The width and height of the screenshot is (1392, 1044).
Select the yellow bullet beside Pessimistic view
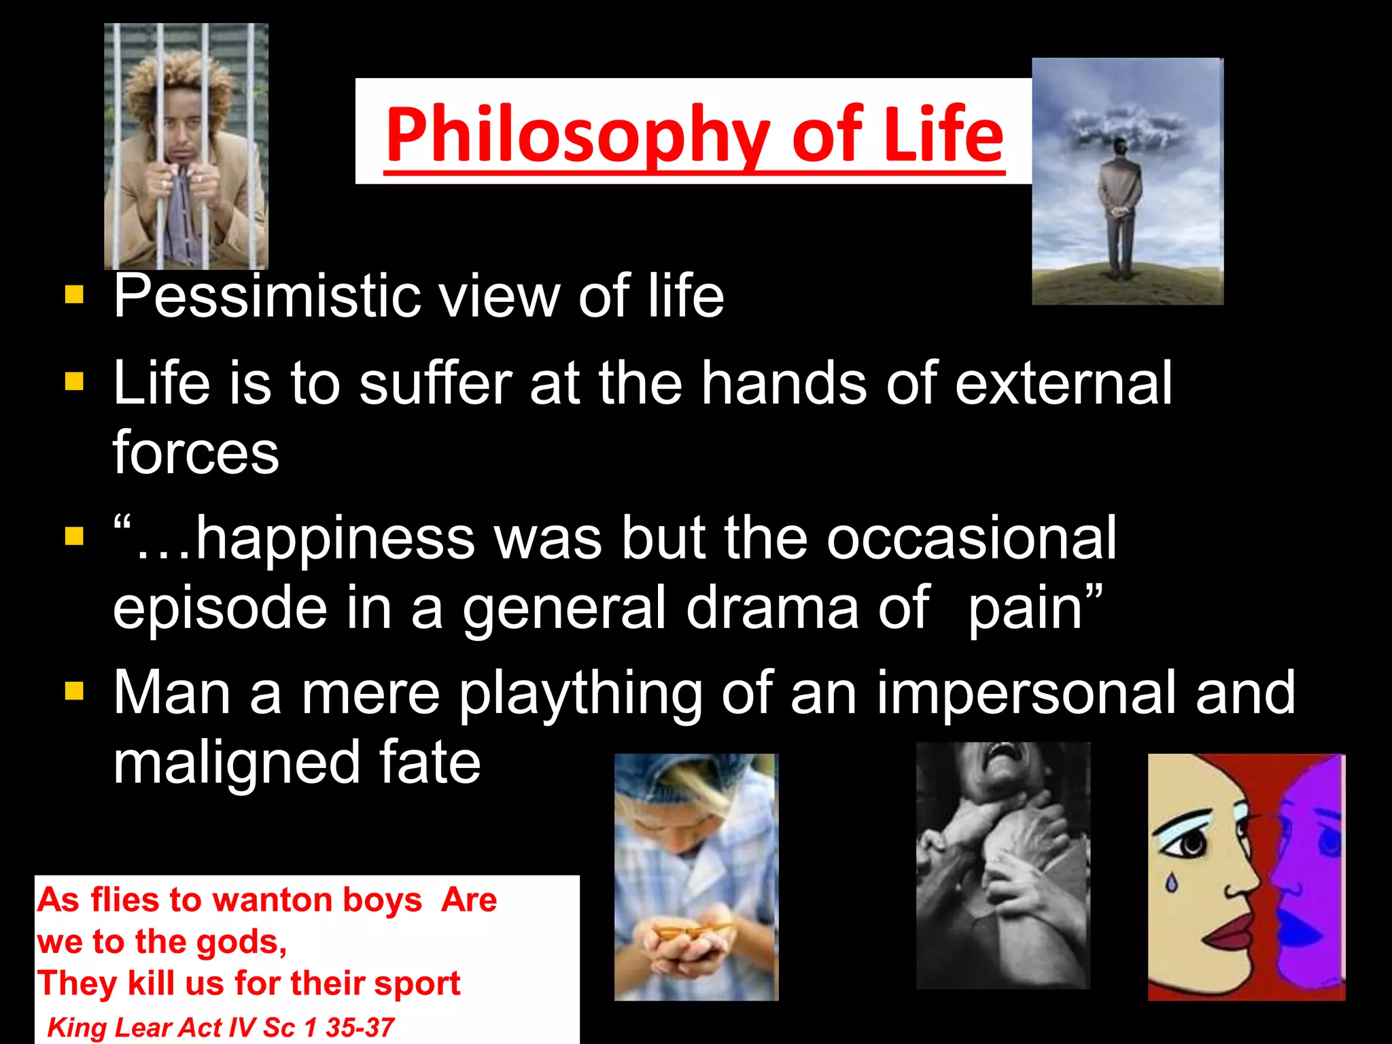pos(74,294)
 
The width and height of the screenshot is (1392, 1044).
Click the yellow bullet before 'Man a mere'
pos(74,691)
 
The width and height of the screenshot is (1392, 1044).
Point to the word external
pos(1064,383)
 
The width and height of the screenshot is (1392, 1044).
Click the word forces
pos(196,453)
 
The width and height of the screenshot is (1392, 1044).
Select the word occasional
pos(971,538)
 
